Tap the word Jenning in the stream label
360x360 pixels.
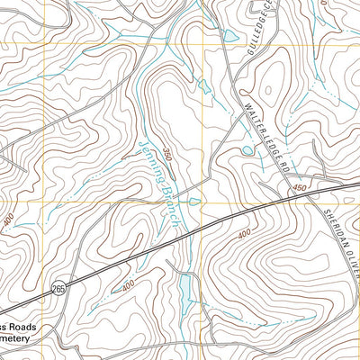pos(151,162)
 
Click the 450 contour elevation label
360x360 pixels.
pos(299,187)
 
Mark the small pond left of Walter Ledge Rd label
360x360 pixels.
pos(246,150)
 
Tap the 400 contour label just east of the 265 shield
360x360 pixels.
pos(129,284)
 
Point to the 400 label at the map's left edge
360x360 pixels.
pos(8,220)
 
